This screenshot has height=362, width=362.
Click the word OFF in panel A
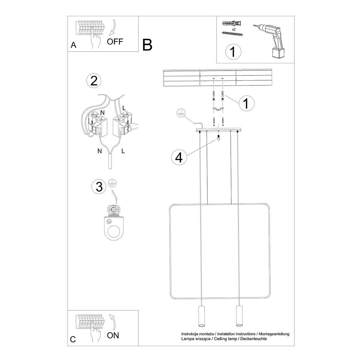115,42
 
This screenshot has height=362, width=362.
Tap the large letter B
147,45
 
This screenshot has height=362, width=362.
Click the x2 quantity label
234,30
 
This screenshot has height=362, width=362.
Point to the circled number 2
94,81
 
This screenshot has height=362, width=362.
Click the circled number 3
99,187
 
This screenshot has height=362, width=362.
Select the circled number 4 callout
179,157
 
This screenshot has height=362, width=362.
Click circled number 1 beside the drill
233,52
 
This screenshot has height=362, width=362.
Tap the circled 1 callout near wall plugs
246,103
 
